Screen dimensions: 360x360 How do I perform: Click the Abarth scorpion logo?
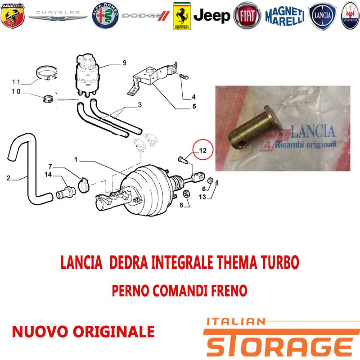click(x=13, y=16)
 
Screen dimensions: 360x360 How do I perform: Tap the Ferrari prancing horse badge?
click(x=182, y=16)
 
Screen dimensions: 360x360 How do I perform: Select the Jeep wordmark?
click(x=211, y=16)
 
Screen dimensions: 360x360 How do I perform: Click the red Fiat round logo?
click(x=247, y=16)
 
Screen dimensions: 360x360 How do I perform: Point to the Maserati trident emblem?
click(x=351, y=16)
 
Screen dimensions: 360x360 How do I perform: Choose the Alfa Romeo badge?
click(x=105, y=16)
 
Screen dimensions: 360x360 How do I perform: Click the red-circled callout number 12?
click(x=203, y=150)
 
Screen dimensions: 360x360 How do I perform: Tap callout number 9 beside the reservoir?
click(x=125, y=63)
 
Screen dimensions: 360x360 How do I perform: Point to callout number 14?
click(x=48, y=175)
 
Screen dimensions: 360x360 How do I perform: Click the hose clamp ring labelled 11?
click(x=47, y=73)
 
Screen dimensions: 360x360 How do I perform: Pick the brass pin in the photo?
click(x=255, y=126)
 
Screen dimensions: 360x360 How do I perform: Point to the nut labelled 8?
click(x=186, y=194)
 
